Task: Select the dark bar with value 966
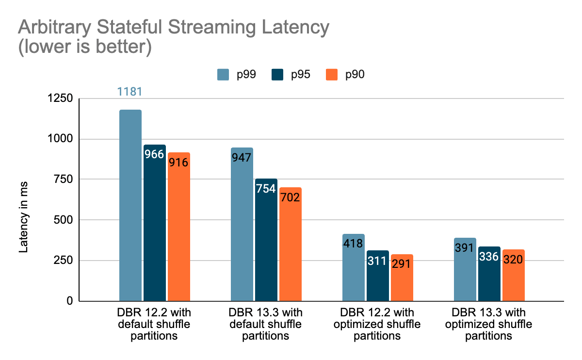155,223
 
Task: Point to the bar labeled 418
353,267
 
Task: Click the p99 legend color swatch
223,75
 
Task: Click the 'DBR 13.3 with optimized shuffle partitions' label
489,324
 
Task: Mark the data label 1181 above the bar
130,92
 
